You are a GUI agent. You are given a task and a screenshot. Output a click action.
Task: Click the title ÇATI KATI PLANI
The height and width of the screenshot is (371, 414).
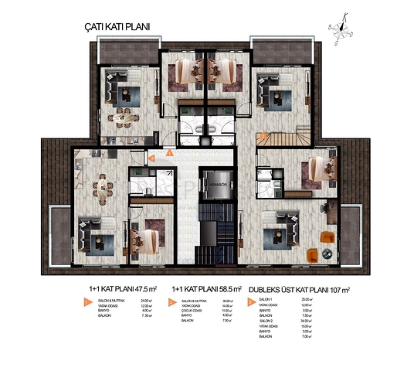click(116, 26)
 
